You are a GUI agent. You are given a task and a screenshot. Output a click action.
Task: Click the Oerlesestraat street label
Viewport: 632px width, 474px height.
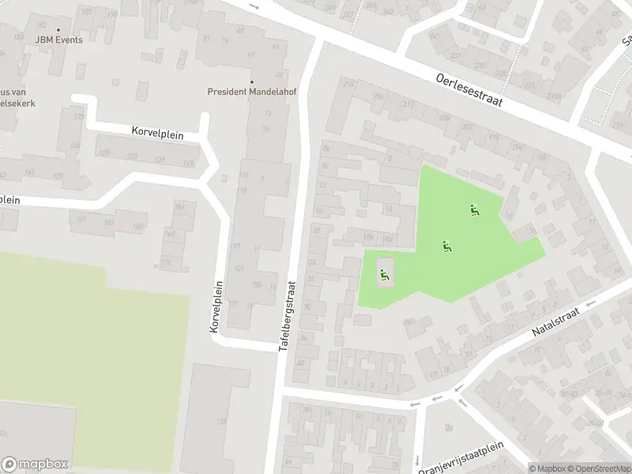[x=469, y=90]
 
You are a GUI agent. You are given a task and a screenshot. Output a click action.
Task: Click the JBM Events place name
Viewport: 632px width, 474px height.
[x=58, y=40]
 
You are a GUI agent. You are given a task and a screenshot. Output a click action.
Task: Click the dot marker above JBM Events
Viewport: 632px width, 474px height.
[x=58, y=30]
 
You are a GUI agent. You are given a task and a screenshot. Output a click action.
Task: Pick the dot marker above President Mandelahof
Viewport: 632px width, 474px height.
[x=252, y=81]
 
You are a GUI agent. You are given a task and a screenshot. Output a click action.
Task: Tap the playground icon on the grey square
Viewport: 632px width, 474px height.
[x=385, y=275]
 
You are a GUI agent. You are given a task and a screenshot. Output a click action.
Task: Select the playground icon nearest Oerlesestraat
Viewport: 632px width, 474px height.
[x=474, y=210]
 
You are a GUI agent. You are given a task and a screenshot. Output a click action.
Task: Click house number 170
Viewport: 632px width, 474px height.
[x=166, y=262]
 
